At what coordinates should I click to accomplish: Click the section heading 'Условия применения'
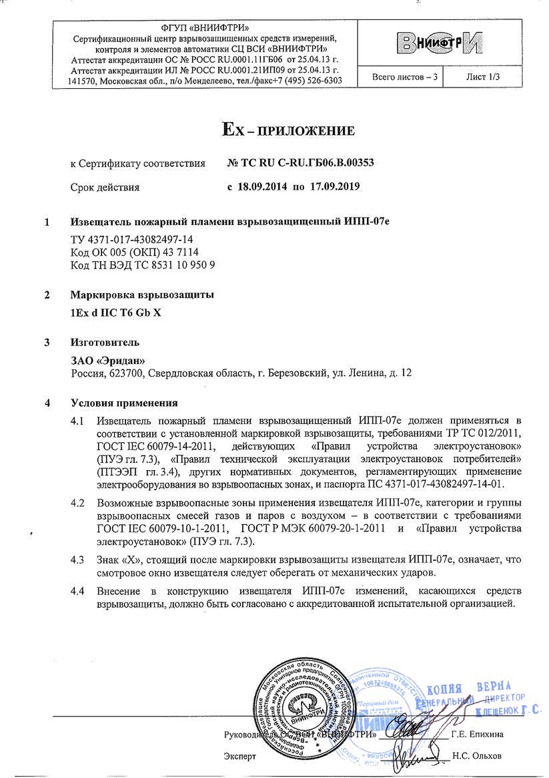(124, 403)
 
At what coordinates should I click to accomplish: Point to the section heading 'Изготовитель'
(105, 343)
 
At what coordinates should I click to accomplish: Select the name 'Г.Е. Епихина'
(477, 734)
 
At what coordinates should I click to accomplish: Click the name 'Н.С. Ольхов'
(475, 757)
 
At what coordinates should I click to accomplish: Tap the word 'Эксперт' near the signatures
(239, 757)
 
